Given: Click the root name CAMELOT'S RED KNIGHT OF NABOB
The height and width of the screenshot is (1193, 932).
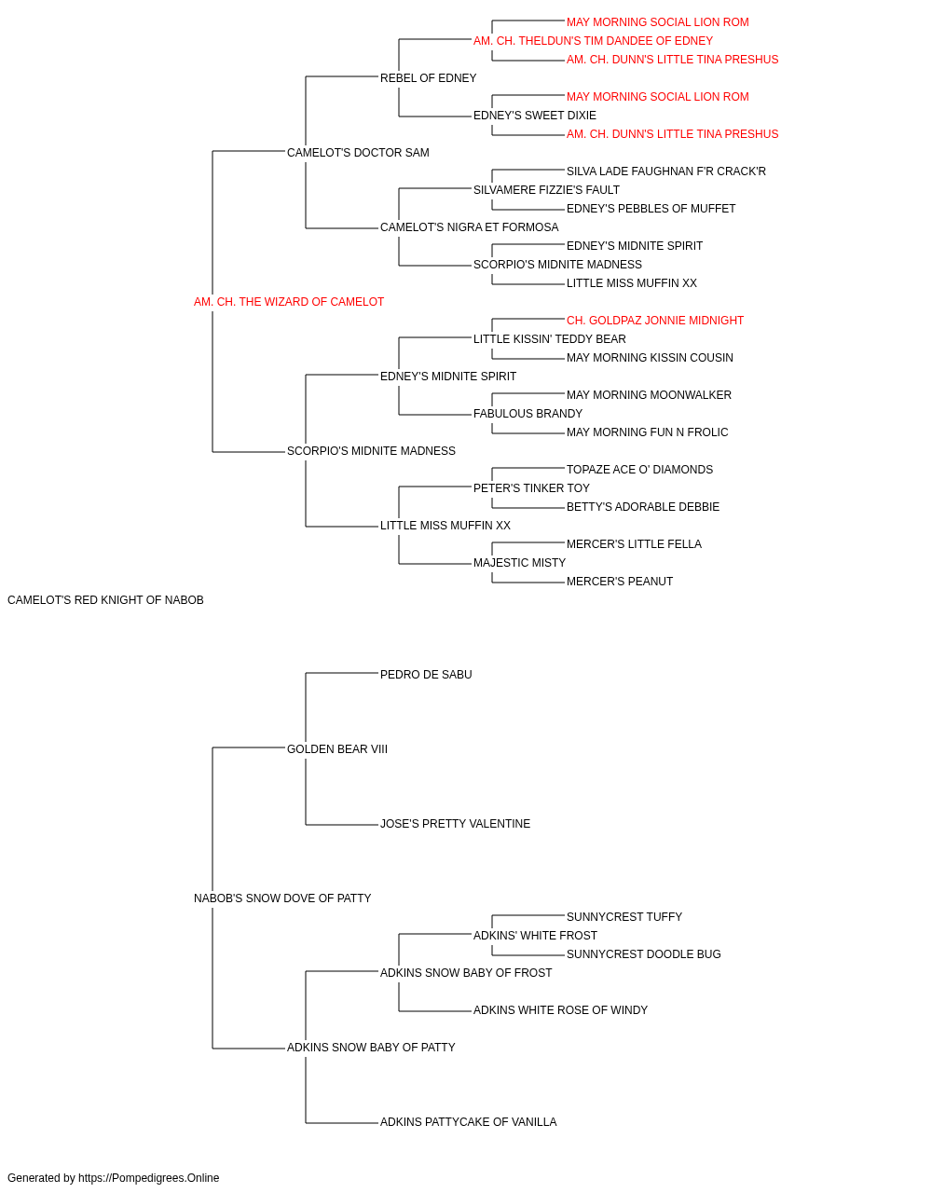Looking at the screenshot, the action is click(x=105, y=600).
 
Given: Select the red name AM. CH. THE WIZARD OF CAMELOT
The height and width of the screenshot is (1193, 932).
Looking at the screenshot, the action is click(x=289, y=302).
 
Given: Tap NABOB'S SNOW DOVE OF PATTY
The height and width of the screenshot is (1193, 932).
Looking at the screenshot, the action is click(x=282, y=898).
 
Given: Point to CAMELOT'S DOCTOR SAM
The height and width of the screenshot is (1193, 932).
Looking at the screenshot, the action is click(x=358, y=153).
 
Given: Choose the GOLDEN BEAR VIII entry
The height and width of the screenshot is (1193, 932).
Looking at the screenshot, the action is click(x=337, y=749).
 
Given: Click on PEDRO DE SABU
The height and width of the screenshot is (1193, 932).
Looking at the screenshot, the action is click(x=426, y=675).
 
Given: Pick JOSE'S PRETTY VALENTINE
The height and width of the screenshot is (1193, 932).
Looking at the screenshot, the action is click(x=455, y=824).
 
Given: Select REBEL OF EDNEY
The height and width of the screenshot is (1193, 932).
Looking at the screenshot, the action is click(x=428, y=78).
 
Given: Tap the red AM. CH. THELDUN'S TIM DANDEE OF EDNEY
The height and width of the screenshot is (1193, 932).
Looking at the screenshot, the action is click(x=593, y=41).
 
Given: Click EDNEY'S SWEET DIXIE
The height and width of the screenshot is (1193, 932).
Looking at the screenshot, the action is click(x=535, y=116).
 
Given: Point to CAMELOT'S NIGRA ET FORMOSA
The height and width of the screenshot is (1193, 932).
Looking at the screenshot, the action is click(x=470, y=227).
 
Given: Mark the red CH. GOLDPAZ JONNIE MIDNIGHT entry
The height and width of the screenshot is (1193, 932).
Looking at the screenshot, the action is click(x=655, y=321).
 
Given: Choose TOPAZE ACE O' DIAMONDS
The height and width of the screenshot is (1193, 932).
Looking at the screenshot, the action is click(x=639, y=470).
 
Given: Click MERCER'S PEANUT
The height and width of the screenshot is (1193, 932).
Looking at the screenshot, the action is click(x=620, y=582).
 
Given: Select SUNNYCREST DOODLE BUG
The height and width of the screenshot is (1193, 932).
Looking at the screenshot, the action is click(x=643, y=954).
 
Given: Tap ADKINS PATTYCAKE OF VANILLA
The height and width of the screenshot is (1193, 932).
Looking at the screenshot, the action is click(x=468, y=1122).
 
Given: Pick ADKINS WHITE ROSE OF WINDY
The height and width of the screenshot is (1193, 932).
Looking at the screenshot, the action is click(x=560, y=1010).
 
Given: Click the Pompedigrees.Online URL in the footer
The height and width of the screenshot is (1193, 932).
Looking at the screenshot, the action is click(x=149, y=1178).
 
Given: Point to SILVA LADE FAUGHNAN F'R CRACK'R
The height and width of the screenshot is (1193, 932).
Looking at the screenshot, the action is click(x=665, y=171).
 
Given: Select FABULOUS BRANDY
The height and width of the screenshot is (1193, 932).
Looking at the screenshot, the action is click(x=528, y=414).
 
